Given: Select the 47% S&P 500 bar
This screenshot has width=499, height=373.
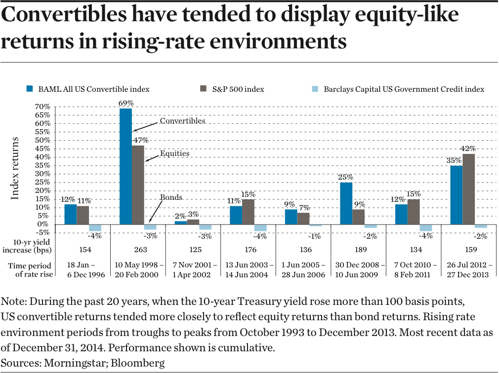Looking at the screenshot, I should [x=138, y=185].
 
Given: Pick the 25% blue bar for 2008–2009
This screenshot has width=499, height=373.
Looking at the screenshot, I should [x=346, y=203].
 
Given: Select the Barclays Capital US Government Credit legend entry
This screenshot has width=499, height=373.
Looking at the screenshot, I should [x=404, y=89].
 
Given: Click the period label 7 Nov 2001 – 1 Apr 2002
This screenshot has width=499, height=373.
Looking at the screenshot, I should [x=194, y=270].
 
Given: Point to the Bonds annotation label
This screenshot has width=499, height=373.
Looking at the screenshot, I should [x=171, y=197].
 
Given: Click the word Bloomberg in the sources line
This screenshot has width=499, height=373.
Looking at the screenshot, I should [x=139, y=363].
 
